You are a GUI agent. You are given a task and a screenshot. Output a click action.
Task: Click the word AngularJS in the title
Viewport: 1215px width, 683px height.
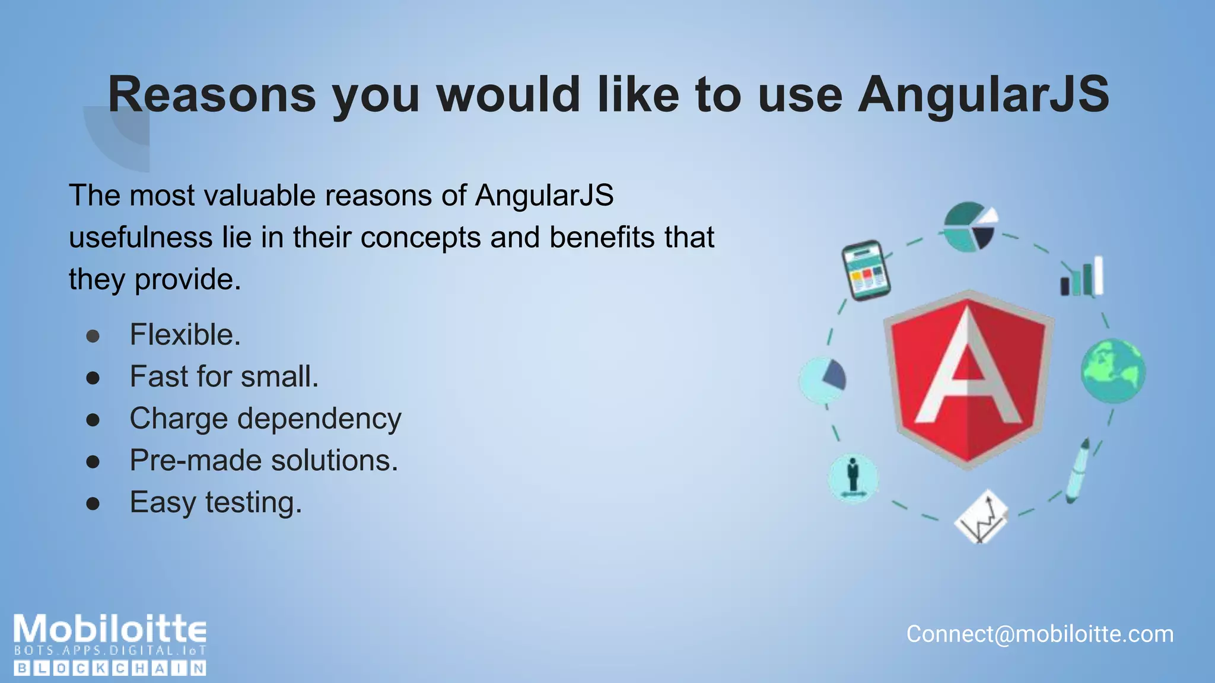[x=983, y=95]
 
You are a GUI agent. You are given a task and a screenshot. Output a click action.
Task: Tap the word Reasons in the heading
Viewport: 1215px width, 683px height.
[x=212, y=95]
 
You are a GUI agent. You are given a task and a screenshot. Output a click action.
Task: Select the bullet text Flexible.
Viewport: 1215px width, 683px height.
[x=185, y=335]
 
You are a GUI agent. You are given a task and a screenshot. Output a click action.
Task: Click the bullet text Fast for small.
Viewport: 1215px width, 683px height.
[x=224, y=376]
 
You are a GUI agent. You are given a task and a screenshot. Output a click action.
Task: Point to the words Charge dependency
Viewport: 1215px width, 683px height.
[x=265, y=419]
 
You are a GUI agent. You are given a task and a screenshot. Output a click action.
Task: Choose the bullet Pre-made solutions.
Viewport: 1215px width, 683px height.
[x=264, y=461]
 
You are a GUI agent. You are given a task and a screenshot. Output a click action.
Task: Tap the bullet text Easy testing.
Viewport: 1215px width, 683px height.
[x=216, y=503]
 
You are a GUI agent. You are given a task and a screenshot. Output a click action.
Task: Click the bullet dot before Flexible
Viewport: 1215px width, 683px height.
[x=93, y=336]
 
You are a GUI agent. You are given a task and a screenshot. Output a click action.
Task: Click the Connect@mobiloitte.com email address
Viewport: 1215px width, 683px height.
[x=1039, y=634]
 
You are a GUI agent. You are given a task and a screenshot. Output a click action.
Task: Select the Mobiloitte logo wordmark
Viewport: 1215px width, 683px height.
[x=110, y=630]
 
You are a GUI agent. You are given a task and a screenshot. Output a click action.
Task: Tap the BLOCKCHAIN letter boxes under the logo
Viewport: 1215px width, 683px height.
[x=110, y=669]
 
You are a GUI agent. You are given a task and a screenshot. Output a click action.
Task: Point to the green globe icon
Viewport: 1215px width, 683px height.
[x=1112, y=371]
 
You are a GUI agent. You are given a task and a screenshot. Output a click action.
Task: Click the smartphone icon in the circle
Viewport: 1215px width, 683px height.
[x=866, y=270]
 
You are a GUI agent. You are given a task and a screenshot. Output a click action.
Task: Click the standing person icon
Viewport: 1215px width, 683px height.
[x=853, y=478]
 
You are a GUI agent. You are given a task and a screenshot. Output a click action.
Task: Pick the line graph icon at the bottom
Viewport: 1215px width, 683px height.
[x=982, y=517]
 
